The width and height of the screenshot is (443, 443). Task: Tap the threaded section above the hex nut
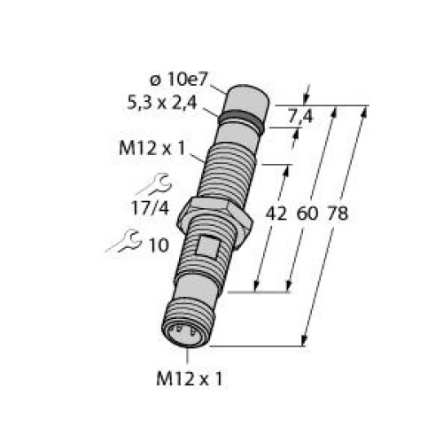click(229, 173)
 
